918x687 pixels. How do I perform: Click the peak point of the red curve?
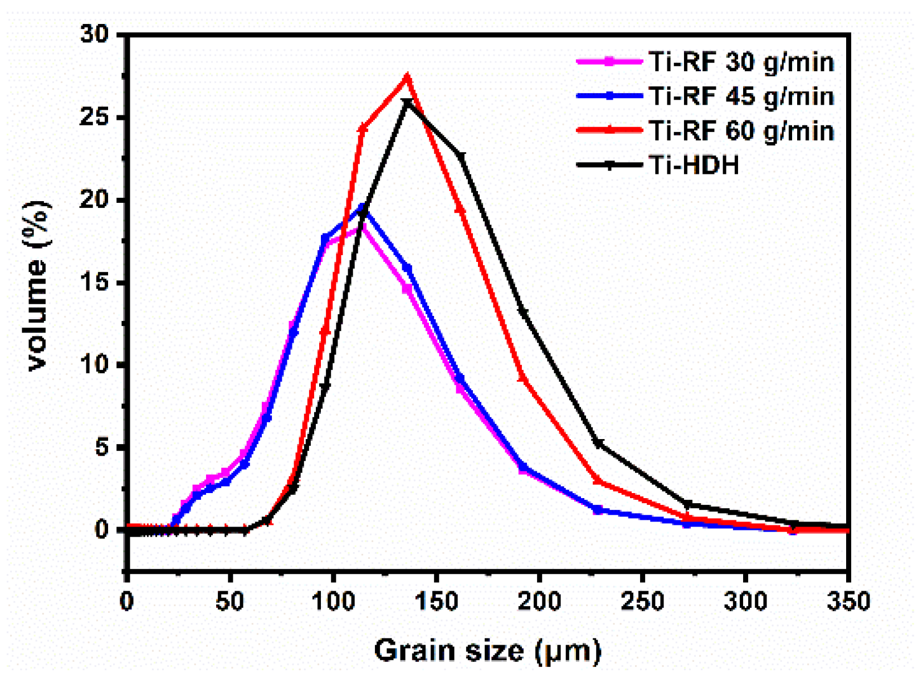pos(408,77)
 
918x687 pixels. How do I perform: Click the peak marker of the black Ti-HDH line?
pos(408,103)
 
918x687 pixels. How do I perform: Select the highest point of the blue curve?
pos(363,208)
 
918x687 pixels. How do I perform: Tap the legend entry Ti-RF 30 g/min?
pos(741,61)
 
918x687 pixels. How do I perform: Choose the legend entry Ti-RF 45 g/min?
pos(741,96)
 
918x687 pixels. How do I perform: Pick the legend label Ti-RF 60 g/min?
pos(741,130)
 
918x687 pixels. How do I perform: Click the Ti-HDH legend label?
pos(694,165)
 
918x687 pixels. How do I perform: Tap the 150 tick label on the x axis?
pos(436,601)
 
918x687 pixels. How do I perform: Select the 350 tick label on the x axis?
pos(848,601)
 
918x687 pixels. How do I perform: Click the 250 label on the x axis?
pos(642,601)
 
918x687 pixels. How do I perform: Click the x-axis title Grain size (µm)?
pos(487,650)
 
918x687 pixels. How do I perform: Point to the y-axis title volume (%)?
pos(38,285)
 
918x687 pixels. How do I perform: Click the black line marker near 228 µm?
pos(598,444)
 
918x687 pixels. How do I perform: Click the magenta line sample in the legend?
pos(609,61)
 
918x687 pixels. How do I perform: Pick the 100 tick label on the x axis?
pos(333,601)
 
